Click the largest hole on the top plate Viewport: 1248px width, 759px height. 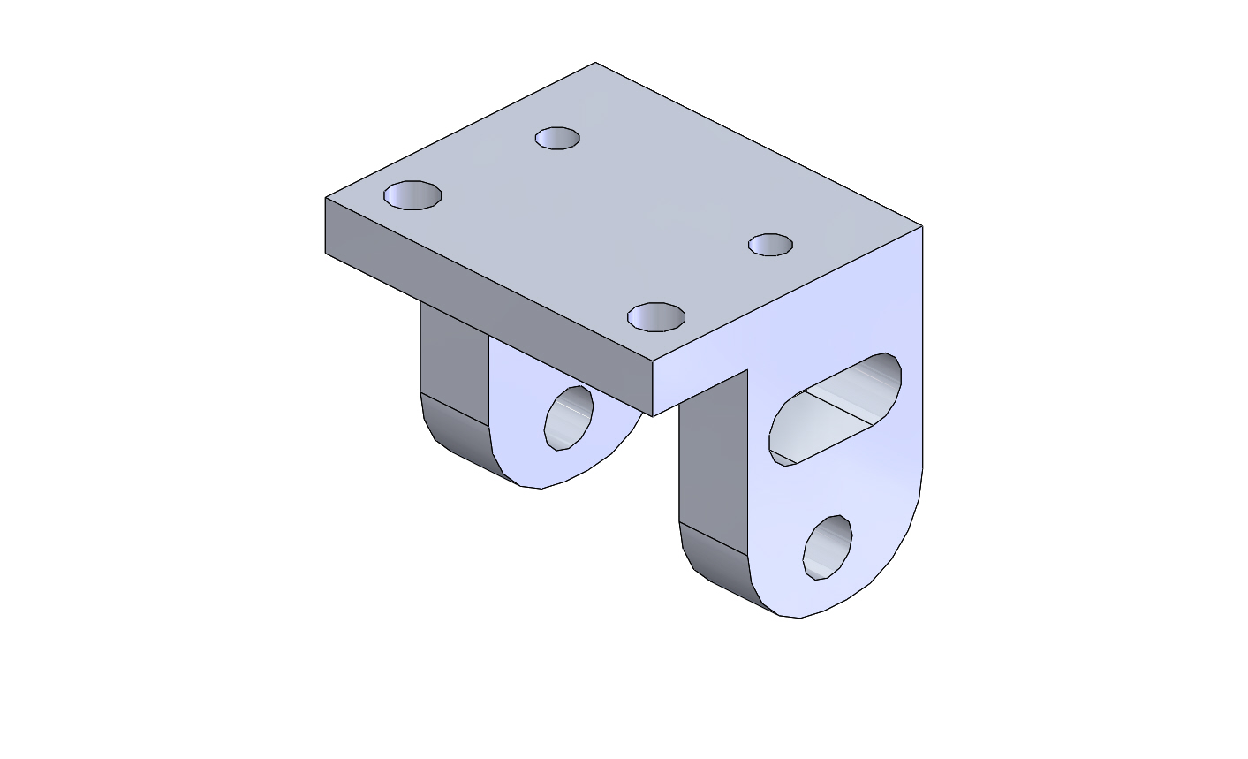(412, 195)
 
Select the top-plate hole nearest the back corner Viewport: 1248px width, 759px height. (557, 139)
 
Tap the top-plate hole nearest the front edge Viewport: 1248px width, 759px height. (656, 316)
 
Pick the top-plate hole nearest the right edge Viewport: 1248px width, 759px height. (770, 245)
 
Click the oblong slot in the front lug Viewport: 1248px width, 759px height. (836, 409)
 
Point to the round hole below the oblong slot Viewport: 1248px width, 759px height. (828, 547)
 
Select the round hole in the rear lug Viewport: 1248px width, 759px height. (569, 417)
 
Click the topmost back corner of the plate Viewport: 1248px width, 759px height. (595, 63)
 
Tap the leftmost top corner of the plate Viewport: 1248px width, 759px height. (326, 198)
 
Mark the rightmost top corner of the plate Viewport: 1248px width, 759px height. (922, 227)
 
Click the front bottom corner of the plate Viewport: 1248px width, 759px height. (653, 415)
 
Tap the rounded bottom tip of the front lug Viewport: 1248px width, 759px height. (799, 616)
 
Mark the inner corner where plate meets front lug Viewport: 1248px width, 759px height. (748, 371)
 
